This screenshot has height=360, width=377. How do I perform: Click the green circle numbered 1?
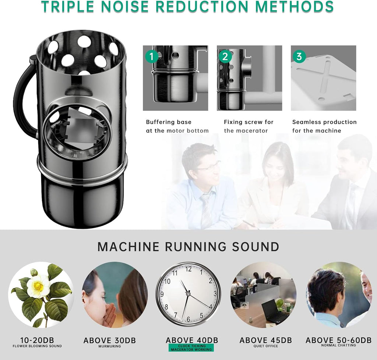coord(151,56)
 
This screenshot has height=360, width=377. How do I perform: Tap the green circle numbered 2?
coord(225,56)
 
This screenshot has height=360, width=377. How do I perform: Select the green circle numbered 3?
coord(299,56)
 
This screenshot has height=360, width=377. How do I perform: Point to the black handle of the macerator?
coord(23,96)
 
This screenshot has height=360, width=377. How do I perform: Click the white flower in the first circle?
coord(38,286)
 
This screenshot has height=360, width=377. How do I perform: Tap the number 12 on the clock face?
coord(188,269)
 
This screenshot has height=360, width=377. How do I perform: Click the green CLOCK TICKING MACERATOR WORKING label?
coord(191,347)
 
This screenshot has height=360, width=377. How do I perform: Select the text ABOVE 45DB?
coord(266,340)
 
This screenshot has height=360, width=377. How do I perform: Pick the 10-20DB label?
coord(37,340)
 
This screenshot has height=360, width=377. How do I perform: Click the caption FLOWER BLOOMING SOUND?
coord(37,346)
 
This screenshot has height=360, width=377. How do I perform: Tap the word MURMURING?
coord(110,346)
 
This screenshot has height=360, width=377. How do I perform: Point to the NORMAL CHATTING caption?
coord(339,345)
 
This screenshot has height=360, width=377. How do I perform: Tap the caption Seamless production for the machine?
coord(324,126)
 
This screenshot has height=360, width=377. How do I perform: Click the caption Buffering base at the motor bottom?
coord(177,126)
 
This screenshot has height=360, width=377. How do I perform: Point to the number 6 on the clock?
coord(188,319)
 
